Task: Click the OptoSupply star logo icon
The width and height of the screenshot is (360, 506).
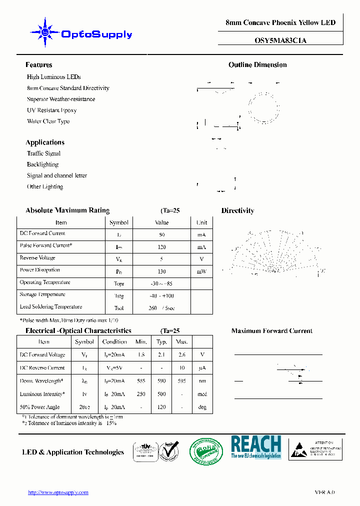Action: coord(45,33)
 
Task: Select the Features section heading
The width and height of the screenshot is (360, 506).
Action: coord(38,65)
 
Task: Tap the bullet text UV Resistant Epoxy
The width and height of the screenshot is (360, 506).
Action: coord(51,110)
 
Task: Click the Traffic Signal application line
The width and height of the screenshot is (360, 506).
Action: coord(43,153)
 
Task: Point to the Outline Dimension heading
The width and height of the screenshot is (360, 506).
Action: coord(257,65)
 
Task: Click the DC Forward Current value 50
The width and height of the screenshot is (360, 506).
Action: coord(162,234)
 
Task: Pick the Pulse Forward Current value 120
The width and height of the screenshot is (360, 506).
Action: coord(162,247)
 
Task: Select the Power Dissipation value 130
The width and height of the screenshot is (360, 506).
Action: coord(162,271)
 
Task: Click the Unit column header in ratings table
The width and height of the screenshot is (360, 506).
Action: coord(201,222)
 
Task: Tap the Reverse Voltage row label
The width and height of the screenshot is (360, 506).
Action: coord(37,258)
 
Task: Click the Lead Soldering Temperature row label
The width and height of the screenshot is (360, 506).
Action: coord(50,307)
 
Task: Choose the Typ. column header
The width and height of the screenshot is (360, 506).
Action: coord(161,342)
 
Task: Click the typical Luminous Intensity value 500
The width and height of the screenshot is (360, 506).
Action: coord(161,394)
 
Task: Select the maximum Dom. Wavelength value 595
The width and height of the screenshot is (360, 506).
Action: coord(181,381)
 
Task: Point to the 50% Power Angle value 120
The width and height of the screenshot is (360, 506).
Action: coord(161,407)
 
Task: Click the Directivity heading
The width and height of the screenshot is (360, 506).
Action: coord(237,211)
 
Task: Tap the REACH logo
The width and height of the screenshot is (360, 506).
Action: coord(255,447)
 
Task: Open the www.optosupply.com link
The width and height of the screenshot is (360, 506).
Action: coord(58,492)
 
